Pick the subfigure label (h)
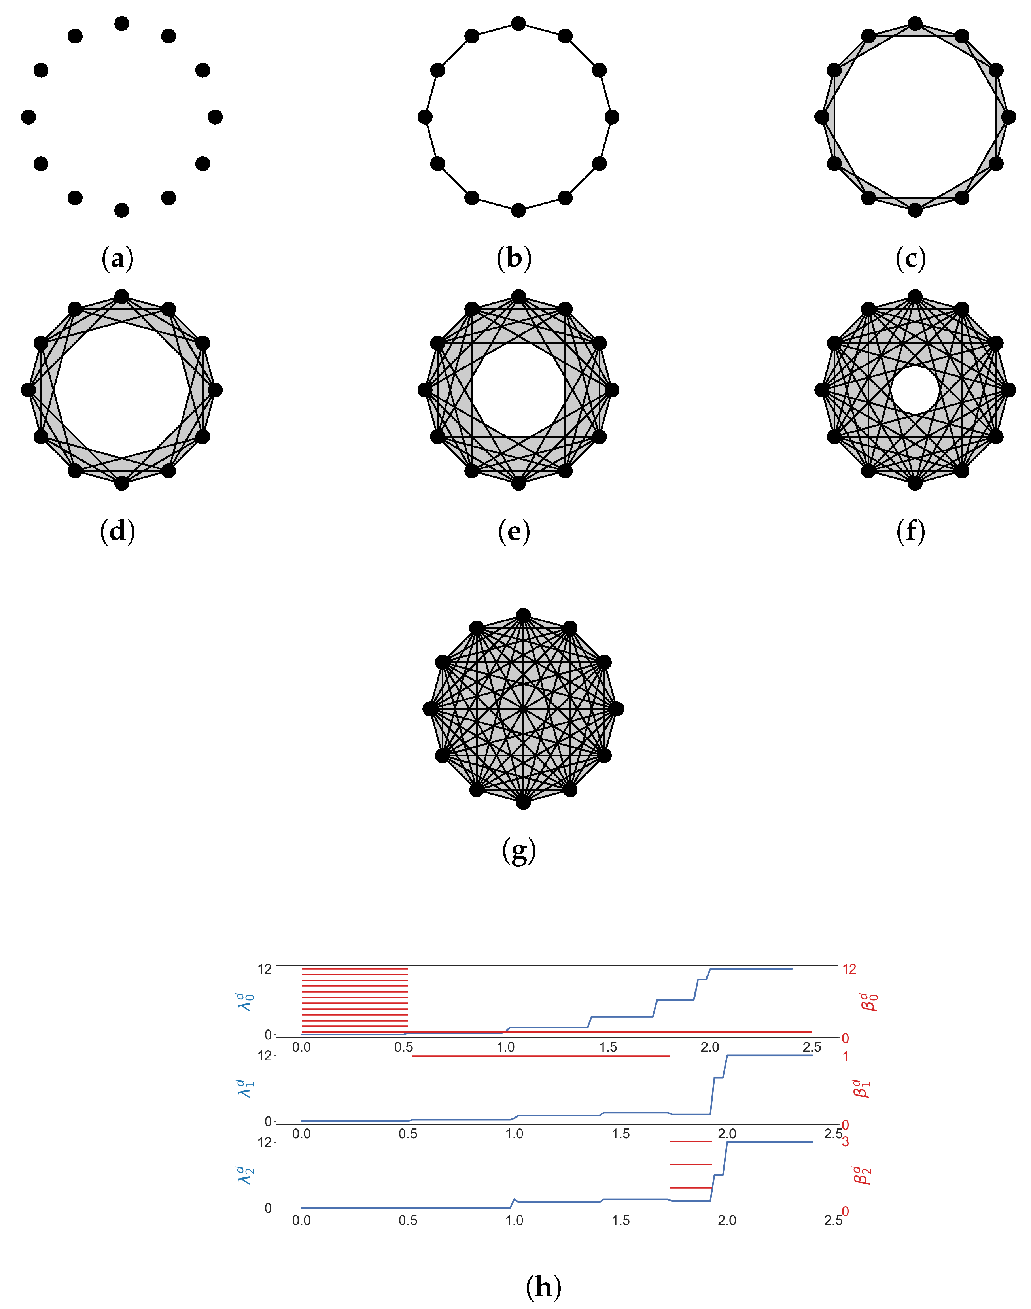click(543, 1287)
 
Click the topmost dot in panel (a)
click(122, 24)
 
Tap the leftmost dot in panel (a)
click(28, 117)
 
